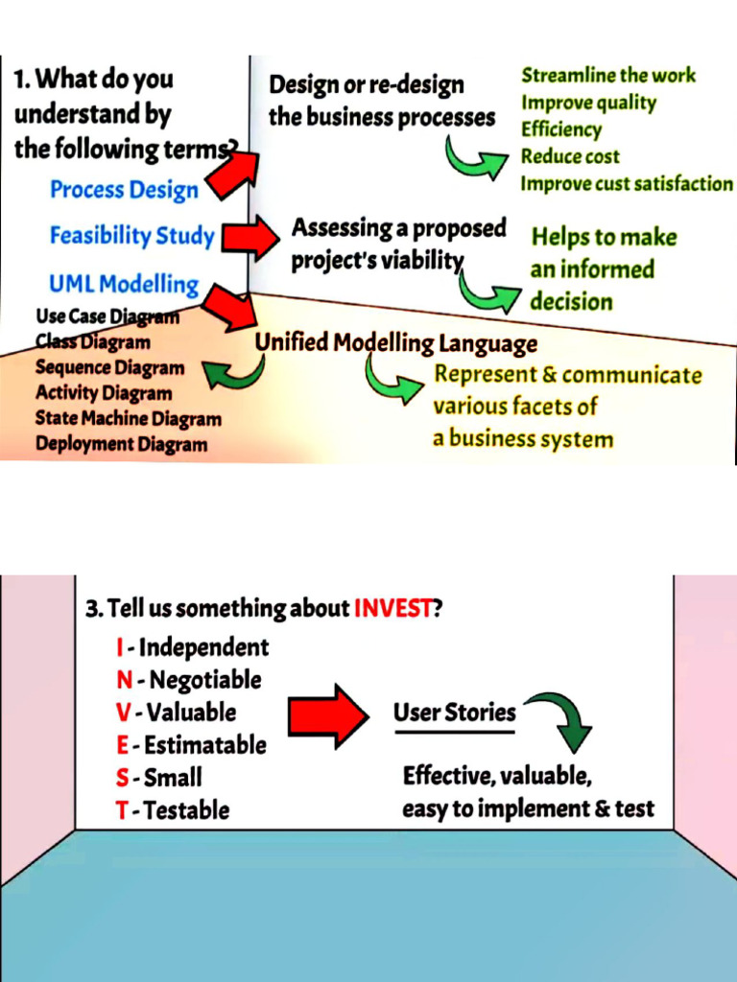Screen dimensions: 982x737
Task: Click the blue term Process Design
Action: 124,190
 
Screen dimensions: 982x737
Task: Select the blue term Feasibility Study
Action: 131,236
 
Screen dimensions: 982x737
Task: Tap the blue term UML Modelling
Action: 124,284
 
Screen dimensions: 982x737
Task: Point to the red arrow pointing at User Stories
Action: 328,715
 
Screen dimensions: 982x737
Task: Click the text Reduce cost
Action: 570,156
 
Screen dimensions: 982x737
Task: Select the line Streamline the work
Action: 608,75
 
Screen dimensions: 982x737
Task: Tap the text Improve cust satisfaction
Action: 626,183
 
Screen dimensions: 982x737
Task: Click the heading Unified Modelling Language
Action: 395,343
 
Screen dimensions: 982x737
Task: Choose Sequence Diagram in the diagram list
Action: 109,367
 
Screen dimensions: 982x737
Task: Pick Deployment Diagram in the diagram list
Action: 121,444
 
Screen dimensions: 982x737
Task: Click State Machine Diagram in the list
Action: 128,419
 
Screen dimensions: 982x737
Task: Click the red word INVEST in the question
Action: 393,608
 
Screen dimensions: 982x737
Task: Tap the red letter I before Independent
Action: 119,647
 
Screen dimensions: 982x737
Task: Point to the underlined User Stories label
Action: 454,713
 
